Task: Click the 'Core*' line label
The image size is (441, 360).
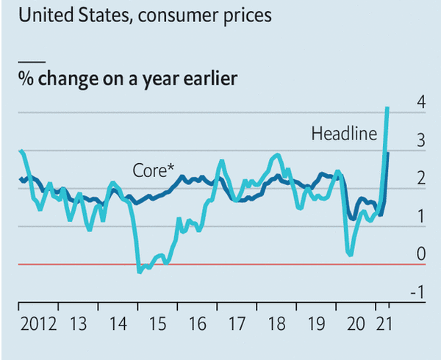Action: click(153, 170)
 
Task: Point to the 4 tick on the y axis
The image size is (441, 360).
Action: click(420, 102)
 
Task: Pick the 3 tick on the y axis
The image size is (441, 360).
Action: click(420, 140)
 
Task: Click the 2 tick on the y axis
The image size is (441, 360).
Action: click(420, 179)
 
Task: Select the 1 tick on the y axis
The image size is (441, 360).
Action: click(420, 217)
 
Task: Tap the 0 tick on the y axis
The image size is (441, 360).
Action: click(420, 255)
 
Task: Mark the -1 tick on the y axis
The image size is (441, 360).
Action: click(418, 293)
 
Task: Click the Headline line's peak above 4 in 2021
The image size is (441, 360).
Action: click(387, 109)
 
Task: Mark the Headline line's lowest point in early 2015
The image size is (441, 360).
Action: click(140, 272)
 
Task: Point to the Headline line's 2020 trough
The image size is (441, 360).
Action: click(350, 255)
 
